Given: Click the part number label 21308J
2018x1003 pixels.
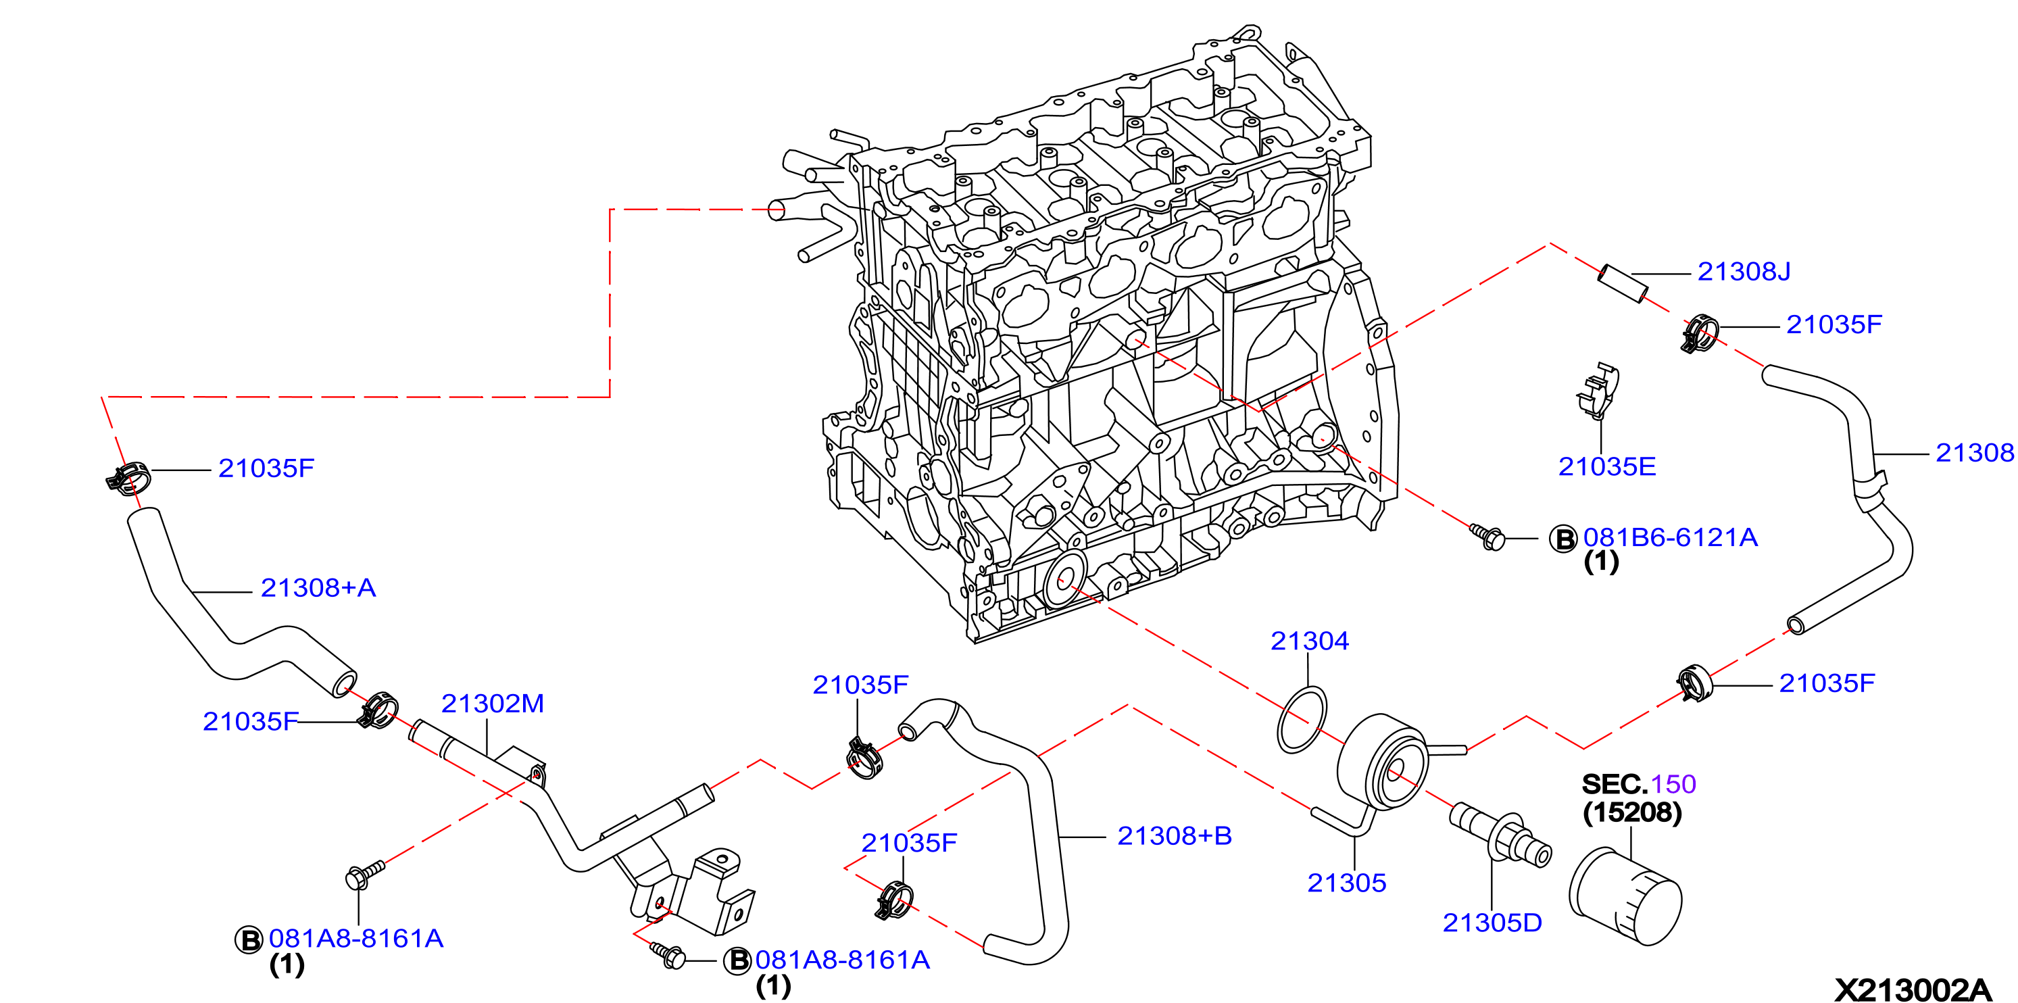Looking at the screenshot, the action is pos(1744,271).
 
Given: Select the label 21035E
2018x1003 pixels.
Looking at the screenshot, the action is pos(1606,466).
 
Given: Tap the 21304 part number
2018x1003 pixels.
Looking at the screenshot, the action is pos(1309,641).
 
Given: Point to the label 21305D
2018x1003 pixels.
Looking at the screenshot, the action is pos(1492,923).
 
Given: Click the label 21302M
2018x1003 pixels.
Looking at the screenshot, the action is pos(492,703).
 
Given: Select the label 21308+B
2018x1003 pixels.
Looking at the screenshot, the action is pos(1175,835).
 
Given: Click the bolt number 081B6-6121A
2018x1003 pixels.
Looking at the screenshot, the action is pos(1670,537).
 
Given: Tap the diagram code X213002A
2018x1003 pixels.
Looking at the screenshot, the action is pos(1913,989).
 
